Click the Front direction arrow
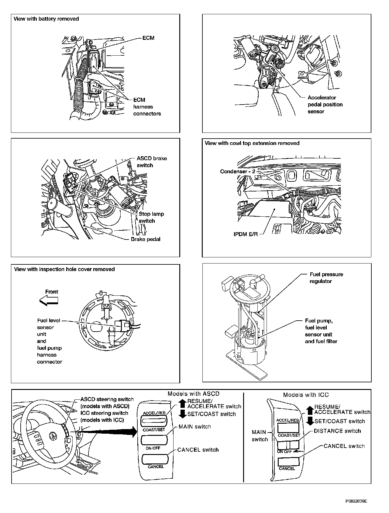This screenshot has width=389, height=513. click(x=49, y=301)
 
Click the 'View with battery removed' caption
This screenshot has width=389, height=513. click(x=46, y=19)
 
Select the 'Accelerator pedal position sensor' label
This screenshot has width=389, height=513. click(x=325, y=105)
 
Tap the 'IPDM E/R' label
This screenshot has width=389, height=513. click(x=245, y=234)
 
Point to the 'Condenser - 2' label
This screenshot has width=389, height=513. click(x=237, y=171)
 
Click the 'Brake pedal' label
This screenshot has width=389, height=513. click(x=146, y=239)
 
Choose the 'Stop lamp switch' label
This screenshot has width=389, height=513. click(x=151, y=217)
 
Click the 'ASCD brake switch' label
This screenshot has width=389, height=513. click(x=151, y=162)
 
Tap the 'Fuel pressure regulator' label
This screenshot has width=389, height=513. click(x=326, y=278)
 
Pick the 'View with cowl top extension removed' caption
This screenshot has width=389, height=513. click(x=252, y=143)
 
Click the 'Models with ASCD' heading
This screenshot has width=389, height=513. click(x=193, y=394)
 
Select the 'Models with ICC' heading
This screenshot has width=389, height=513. click(x=306, y=395)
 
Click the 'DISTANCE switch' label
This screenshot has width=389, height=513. click(x=337, y=431)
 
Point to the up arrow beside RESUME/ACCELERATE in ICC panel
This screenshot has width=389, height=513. click(x=309, y=411)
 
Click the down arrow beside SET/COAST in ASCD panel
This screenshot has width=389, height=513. click(x=182, y=414)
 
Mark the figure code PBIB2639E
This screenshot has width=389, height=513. click(x=356, y=501)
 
